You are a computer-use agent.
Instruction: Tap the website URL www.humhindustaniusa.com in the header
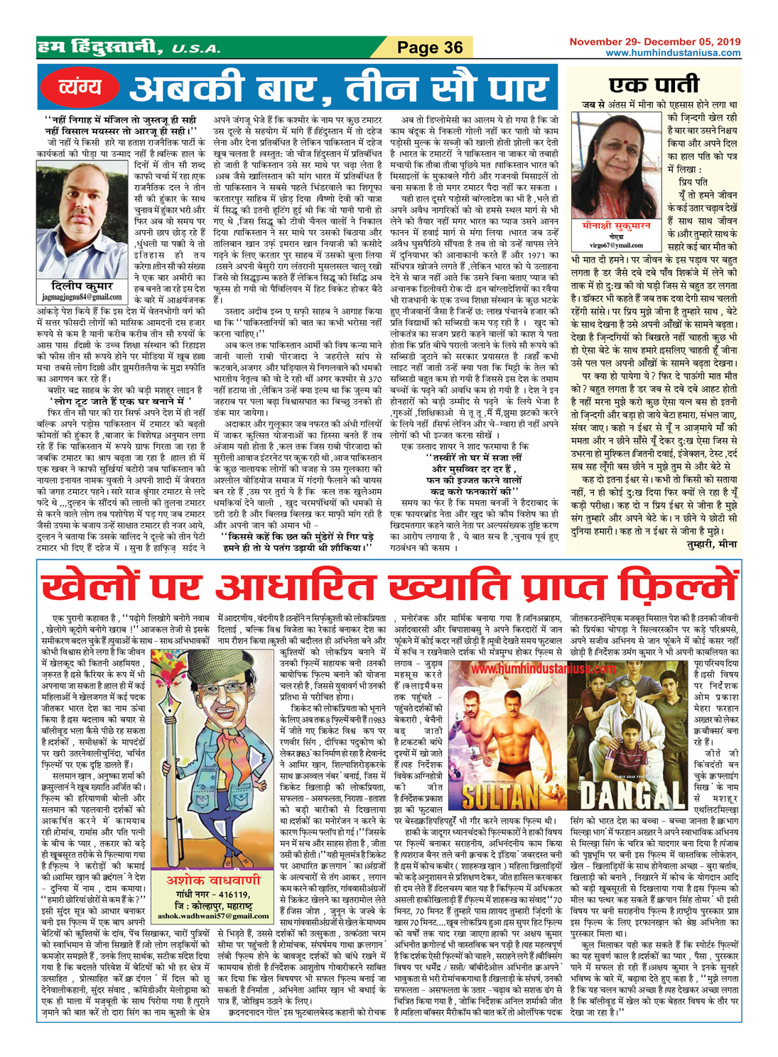click(x=672, y=53)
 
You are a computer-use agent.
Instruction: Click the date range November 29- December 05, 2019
click(x=654, y=42)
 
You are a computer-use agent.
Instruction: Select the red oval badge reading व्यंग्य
click(x=78, y=87)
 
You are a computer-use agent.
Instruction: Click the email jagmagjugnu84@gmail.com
click(x=82, y=297)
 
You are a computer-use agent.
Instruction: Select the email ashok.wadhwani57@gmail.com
click(x=211, y=916)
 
